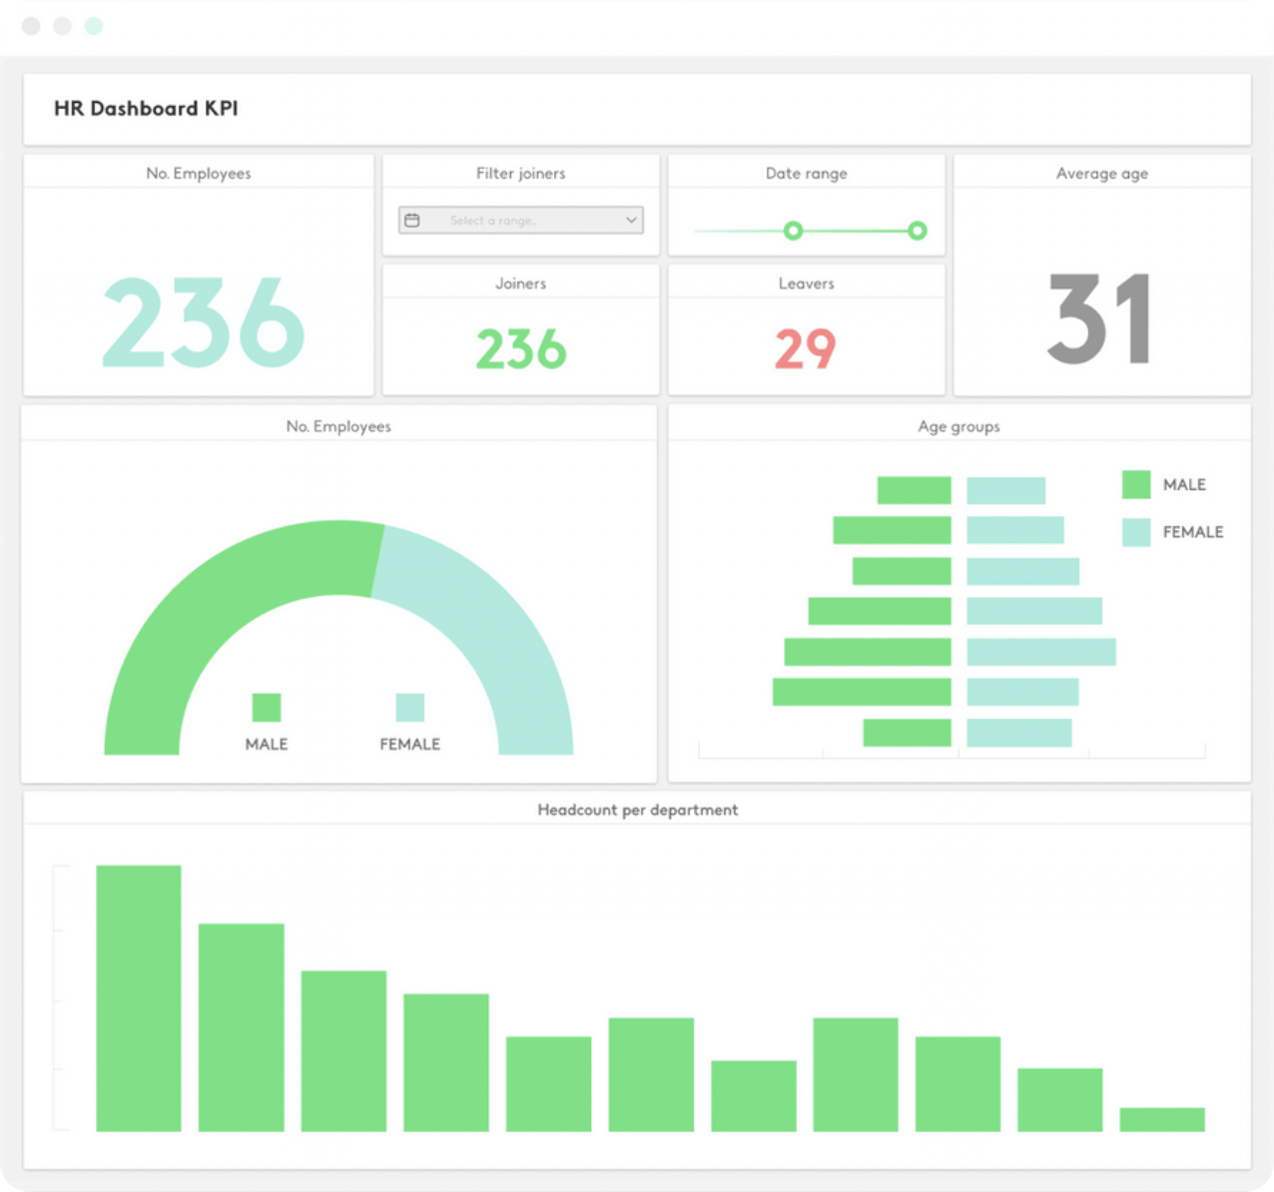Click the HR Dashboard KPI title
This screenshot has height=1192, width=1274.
pos(146,109)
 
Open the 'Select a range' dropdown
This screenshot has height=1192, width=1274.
pos(520,221)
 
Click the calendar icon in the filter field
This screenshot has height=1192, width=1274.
pos(412,221)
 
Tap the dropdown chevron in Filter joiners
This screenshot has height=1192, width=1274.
pos(631,221)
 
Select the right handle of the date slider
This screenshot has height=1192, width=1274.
pos(917,232)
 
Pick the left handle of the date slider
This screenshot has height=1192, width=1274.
pos(793,232)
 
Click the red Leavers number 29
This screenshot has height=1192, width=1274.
pos(806,348)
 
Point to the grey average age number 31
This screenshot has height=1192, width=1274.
pos(1101,319)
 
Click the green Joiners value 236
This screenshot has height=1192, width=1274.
pos(520,349)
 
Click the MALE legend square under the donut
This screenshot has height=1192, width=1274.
pos(267,708)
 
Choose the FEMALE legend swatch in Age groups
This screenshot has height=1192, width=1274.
pos(1136,532)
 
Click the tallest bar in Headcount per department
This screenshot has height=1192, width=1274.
pos(139,998)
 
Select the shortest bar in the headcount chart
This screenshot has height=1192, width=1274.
pos(1162,1119)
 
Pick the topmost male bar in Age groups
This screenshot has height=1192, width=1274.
pos(914,490)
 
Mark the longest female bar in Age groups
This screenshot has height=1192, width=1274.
pos(1041,652)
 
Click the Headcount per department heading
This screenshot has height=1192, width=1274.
pos(637,810)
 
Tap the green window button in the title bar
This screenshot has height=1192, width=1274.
pos(94,26)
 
